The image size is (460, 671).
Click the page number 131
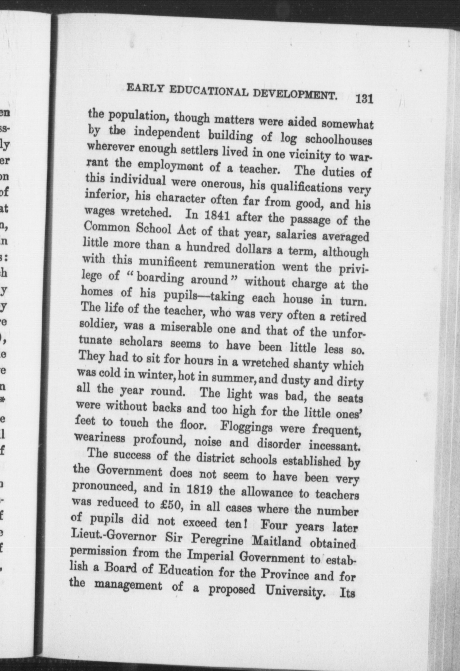[364, 100]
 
